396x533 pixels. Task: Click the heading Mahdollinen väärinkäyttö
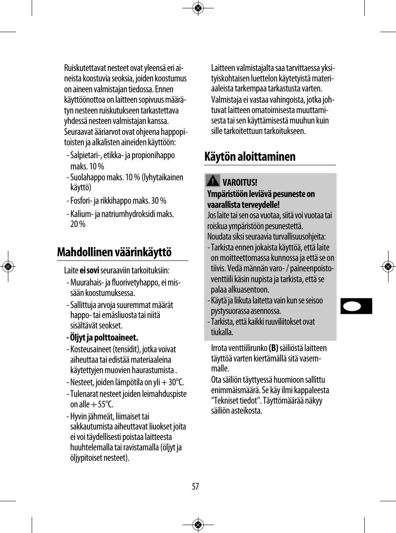pyautogui.click(x=114, y=253)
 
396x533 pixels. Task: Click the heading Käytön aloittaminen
pyautogui.click(x=250, y=157)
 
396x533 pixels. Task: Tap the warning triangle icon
pyautogui.click(x=213, y=181)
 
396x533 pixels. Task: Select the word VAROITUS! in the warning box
pyautogui.click(x=240, y=183)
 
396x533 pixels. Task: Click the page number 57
pyautogui.click(x=195, y=486)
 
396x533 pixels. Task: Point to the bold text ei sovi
pyautogui.click(x=89, y=270)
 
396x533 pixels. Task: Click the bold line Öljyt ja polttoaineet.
pyautogui.click(x=104, y=337)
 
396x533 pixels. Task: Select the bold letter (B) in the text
pyautogui.click(x=273, y=348)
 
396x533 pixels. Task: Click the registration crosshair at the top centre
pyautogui.click(x=198, y=8)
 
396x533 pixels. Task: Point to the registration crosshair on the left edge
pyautogui.click(x=8, y=266)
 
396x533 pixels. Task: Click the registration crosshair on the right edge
pyautogui.click(x=388, y=266)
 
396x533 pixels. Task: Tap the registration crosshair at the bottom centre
pyautogui.click(x=198, y=525)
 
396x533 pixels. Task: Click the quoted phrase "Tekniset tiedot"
pyautogui.click(x=236, y=401)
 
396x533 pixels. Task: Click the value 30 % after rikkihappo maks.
pyautogui.click(x=158, y=201)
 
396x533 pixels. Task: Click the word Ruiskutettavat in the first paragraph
pyautogui.click(x=85, y=68)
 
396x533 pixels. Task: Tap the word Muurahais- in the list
pyautogui.click(x=88, y=283)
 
